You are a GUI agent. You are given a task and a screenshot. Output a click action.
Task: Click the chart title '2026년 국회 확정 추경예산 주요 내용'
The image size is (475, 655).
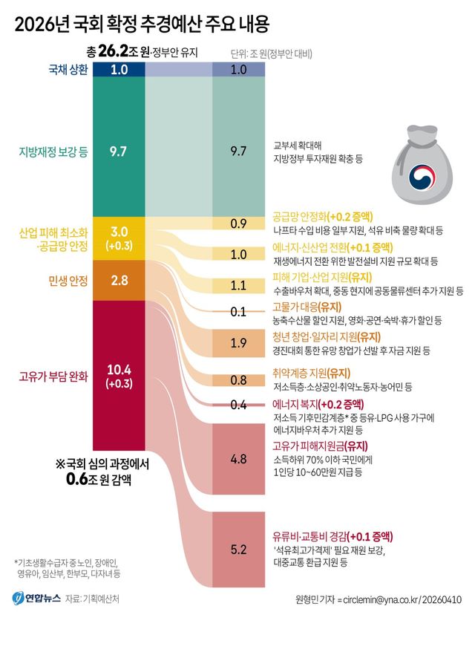[141, 24]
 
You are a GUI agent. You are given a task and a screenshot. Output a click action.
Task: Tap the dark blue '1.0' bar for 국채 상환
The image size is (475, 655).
[119, 69]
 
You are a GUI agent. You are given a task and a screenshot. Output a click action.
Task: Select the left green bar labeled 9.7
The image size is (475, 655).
[119, 151]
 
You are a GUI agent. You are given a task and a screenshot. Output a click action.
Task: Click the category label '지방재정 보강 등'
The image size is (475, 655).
[53, 151]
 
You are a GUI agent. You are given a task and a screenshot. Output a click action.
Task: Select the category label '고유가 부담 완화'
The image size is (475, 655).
[53, 376]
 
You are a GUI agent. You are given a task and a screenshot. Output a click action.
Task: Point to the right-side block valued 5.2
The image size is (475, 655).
[238, 550]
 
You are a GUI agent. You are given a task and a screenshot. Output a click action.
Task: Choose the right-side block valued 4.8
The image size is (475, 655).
[238, 459]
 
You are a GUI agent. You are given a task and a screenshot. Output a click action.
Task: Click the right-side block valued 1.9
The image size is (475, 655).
[238, 342]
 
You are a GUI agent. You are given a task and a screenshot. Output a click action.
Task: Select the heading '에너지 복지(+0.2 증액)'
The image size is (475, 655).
[317, 404]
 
